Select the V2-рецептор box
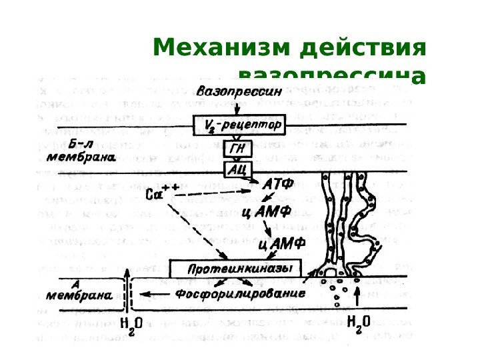pos(239,125)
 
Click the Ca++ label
pos(159,194)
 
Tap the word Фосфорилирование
pos(240,293)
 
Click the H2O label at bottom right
pos(359,323)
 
